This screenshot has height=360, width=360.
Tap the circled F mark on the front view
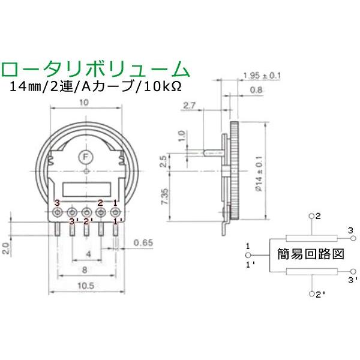pyautogui.click(x=86, y=158)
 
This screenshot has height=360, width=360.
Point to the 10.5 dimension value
pyautogui.click(x=86, y=287)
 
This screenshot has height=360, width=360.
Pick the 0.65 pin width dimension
pyautogui.click(x=142, y=243)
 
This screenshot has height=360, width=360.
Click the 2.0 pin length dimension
pyautogui.click(x=5, y=247)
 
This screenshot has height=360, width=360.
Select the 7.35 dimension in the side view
pyautogui.click(x=163, y=196)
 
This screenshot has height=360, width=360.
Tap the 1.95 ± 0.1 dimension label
pyautogui.click(x=262, y=75)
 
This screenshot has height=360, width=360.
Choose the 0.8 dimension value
pyautogui.click(x=256, y=91)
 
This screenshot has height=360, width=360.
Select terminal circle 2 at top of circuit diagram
pyautogui.click(x=311, y=215)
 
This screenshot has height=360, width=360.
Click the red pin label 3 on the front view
pyautogui.click(x=57, y=203)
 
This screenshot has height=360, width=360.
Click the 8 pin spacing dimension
pyautogui.click(x=86, y=271)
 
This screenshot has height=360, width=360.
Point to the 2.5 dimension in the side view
pyautogui.click(x=163, y=161)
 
